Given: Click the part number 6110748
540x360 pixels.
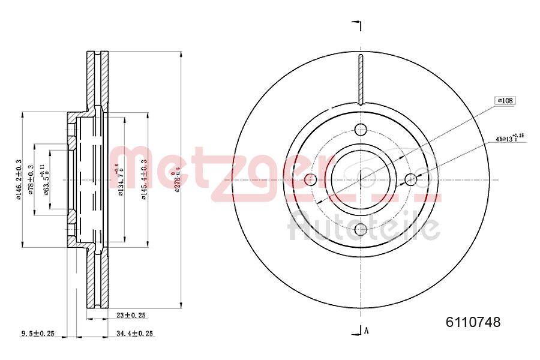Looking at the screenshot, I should [x=473, y=322].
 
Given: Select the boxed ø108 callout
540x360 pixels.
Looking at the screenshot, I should [x=505, y=101].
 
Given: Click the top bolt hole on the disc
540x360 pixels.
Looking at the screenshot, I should [x=361, y=129].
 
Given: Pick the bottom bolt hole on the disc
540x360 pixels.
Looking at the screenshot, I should [x=361, y=229].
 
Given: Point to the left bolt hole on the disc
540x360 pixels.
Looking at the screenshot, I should [x=311, y=179].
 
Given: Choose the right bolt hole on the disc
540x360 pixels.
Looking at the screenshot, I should [x=410, y=179].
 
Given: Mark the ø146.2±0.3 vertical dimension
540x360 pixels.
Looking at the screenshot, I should [x=19, y=179].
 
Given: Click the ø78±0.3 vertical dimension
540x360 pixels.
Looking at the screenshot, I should [x=31, y=179].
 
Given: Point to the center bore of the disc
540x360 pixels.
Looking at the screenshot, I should [x=361, y=179].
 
